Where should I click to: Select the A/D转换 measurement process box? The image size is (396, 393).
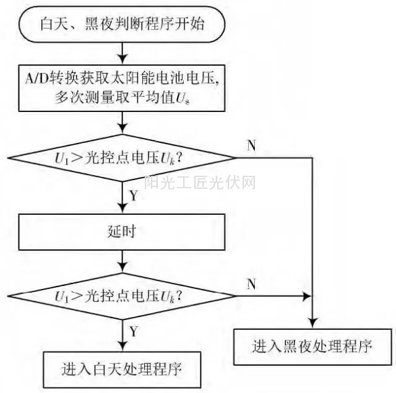pyautogui.click(x=121, y=85)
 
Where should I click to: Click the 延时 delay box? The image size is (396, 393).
pyautogui.click(x=121, y=233)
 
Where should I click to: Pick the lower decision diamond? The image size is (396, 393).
pyautogui.click(x=121, y=296)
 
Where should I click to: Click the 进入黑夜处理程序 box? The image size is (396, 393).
pyautogui.click(x=312, y=345)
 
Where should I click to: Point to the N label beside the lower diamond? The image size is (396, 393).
pyautogui.click(x=251, y=284)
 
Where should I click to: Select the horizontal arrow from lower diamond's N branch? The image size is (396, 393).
pyautogui.click(x=272, y=296)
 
